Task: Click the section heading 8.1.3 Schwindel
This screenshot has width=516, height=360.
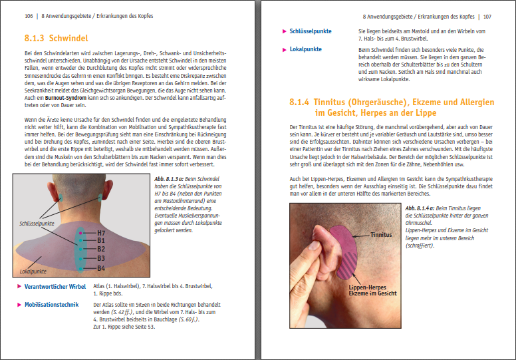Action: coord(57,38)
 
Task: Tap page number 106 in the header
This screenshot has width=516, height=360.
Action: coord(29,16)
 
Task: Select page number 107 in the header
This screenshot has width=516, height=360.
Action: coord(487,17)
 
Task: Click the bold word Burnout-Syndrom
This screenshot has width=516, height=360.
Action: coord(66,98)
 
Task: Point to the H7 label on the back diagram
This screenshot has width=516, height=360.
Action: coord(101,233)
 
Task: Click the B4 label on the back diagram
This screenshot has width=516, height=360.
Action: coord(101,268)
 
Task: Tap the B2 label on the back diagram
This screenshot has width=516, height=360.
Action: coord(101,250)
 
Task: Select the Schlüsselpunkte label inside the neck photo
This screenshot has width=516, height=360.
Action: coord(37,224)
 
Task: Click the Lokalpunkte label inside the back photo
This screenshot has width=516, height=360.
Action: coord(33,271)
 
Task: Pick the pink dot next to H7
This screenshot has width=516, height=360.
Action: coord(80,233)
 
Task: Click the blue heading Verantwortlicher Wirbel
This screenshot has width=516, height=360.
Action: coord(55,287)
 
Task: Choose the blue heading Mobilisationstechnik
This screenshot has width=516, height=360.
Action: coord(52,305)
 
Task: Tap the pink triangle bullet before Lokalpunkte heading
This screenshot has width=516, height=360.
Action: coord(285,50)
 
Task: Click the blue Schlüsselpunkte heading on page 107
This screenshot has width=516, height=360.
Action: coord(311,31)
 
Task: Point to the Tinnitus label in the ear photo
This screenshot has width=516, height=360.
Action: coord(381,235)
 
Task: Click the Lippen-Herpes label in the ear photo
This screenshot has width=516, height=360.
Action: coord(367,287)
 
